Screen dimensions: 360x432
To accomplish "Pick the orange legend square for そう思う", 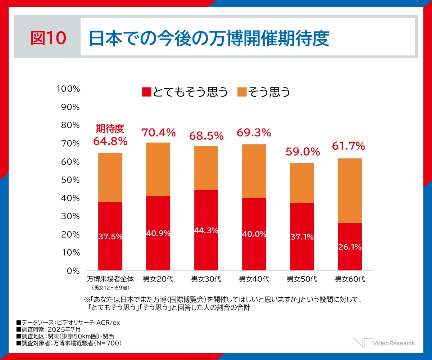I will [x=242, y=92].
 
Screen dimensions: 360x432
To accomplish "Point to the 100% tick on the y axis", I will [x=68, y=89].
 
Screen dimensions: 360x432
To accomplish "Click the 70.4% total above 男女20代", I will [x=158, y=133].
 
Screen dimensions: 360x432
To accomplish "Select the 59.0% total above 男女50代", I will [x=303, y=152].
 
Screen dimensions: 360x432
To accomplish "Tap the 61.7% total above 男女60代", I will [x=348, y=146].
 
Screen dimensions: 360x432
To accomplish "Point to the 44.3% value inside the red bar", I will [x=206, y=230].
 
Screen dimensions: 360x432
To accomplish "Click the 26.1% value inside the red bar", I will [x=350, y=247].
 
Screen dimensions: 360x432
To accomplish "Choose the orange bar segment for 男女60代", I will [x=350, y=190].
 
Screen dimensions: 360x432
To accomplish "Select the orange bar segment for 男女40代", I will [x=254, y=171].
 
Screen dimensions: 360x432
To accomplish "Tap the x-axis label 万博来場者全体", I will [x=110, y=279].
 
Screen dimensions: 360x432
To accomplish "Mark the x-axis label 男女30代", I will [x=206, y=279].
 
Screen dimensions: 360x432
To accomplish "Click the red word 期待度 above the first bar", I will [x=110, y=129].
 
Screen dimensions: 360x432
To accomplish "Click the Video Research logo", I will [x=384, y=343].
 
